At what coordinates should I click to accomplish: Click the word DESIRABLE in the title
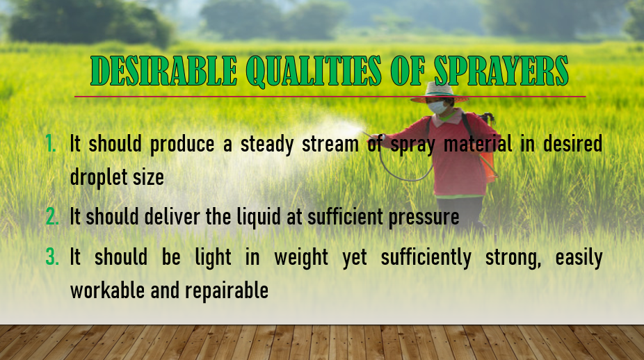point(164,70)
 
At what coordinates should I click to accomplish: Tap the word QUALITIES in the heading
point(314,71)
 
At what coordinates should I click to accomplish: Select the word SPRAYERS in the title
point(501,70)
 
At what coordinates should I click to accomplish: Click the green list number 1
point(51,144)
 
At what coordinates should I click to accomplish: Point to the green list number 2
point(52,216)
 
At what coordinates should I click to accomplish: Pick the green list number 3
point(52,257)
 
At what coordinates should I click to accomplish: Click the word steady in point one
point(267,145)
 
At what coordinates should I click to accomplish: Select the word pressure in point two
point(424,218)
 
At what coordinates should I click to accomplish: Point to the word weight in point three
point(301,258)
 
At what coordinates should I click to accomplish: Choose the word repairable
point(227,291)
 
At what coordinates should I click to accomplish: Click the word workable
point(108,291)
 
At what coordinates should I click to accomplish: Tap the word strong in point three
point(513,259)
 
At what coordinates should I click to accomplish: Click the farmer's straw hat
point(440,92)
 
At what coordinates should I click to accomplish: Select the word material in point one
point(478,144)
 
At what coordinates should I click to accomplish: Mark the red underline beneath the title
point(330,97)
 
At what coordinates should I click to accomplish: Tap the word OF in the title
point(408,70)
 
